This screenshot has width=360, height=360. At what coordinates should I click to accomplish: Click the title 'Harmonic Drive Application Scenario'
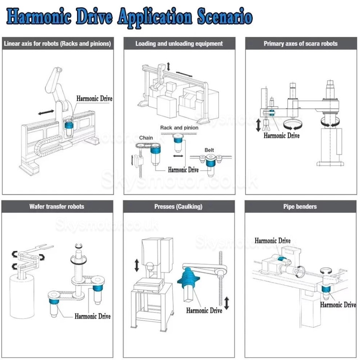coord(129,17)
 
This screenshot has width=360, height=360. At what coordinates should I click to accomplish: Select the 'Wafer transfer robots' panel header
coord(57,207)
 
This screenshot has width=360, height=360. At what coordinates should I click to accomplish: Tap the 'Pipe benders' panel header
coord(300,207)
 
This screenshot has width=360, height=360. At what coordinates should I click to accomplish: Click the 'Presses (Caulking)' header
coord(178,207)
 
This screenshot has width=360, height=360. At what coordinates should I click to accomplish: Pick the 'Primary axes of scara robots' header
coord(300,44)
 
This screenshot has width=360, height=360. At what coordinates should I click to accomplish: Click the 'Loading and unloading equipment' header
coord(179,44)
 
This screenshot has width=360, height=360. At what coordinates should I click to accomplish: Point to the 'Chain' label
coord(146,138)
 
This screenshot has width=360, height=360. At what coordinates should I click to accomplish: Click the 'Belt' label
coord(209,150)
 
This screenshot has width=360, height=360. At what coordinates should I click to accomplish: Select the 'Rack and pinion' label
coord(179,128)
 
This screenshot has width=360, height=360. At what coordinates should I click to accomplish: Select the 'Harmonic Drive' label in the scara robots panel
coord(281,136)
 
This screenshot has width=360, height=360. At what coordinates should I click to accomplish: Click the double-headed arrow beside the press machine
coord(137,265)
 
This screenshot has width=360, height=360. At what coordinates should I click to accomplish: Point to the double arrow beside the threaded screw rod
coord(227,303)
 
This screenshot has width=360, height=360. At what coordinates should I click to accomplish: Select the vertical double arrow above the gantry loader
coord(169,66)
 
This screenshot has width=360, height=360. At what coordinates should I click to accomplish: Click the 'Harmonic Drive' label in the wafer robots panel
coord(92,316)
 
